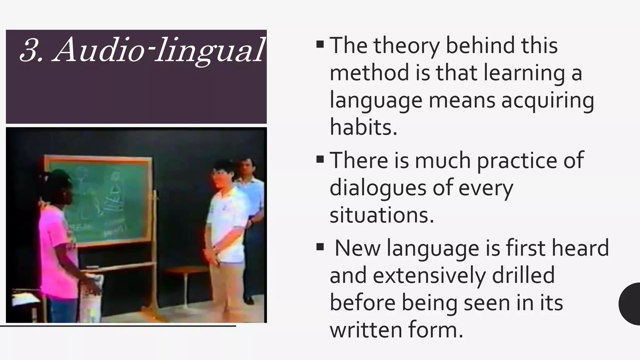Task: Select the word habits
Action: click(363, 127)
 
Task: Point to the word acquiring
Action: click(547, 101)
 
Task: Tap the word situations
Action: click(382, 215)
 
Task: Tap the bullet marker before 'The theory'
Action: click(320, 44)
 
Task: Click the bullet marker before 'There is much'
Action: click(320, 159)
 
